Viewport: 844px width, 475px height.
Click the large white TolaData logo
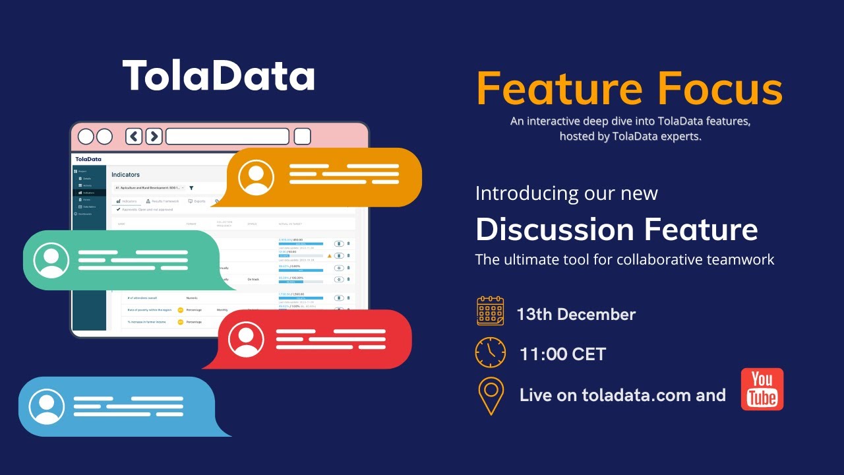(x=218, y=76)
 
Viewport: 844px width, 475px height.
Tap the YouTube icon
(x=762, y=389)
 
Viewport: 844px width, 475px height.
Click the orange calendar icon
(x=490, y=311)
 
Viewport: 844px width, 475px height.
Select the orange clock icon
(x=490, y=352)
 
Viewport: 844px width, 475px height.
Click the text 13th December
(x=576, y=314)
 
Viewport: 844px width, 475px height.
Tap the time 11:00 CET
(x=562, y=354)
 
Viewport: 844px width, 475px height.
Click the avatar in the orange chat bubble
(x=256, y=177)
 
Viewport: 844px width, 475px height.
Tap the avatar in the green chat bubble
(x=51, y=260)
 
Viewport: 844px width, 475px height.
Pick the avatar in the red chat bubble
(x=246, y=339)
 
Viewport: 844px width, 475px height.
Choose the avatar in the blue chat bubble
(x=47, y=406)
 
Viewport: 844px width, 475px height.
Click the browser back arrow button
(x=134, y=137)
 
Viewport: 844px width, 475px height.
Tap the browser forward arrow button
(x=154, y=137)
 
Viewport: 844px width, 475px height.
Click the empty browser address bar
(x=227, y=137)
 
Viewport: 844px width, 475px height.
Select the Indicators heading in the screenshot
(x=125, y=175)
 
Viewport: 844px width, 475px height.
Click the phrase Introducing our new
(x=566, y=193)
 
